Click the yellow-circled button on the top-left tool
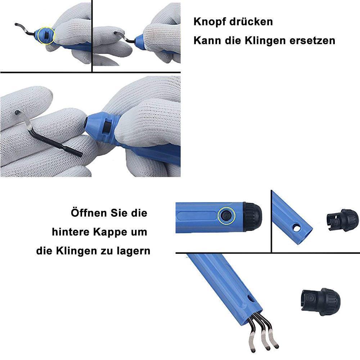[46, 36]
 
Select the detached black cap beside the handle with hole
[342, 220]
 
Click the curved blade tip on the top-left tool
[17, 24]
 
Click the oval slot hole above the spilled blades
[250, 299]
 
